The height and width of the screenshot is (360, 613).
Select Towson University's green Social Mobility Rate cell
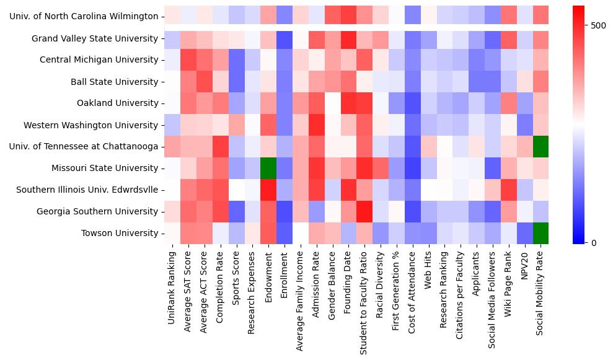click(x=540, y=233)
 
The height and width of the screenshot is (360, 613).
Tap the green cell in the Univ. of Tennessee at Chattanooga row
click(x=540, y=147)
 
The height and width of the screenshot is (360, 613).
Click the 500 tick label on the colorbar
click(x=599, y=25)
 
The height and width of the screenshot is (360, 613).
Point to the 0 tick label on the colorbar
click(x=593, y=242)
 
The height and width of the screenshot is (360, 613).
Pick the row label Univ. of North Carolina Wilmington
click(x=84, y=15)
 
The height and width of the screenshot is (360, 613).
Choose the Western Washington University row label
click(x=90, y=125)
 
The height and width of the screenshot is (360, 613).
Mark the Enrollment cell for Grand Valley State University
click(x=284, y=38)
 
